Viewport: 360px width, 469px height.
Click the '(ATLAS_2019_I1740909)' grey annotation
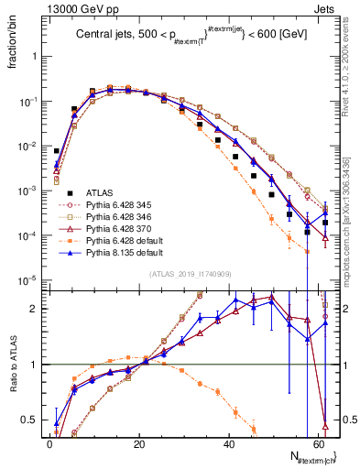190,276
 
